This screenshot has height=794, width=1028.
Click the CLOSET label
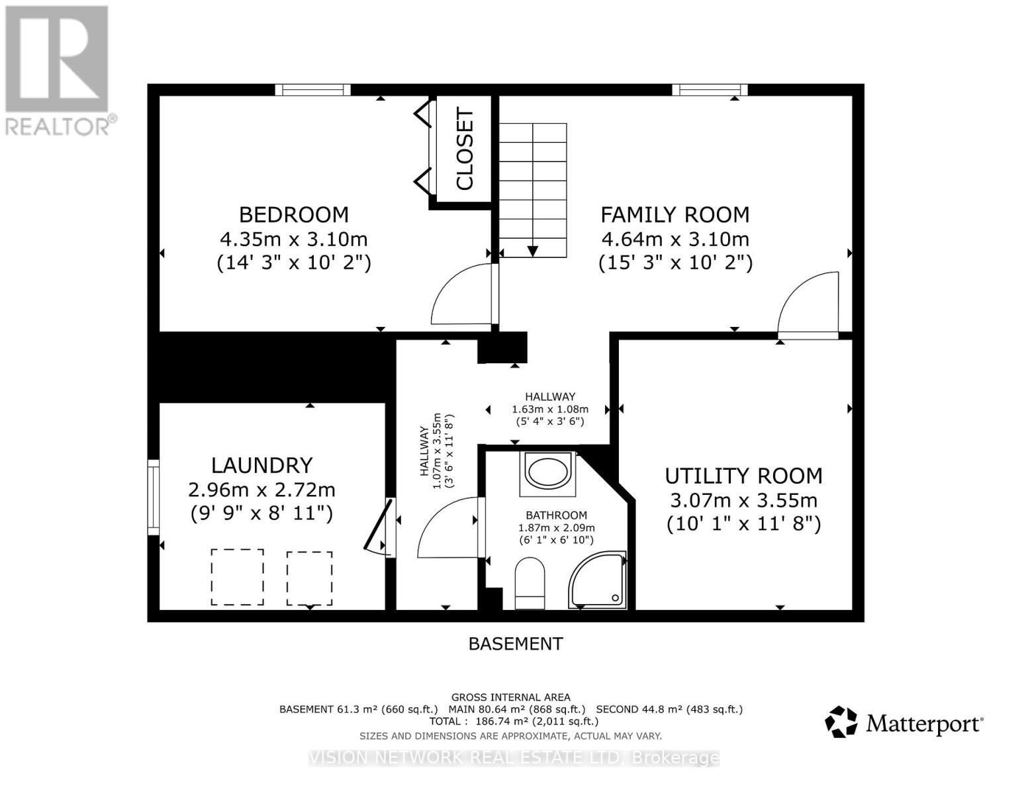click(465, 148)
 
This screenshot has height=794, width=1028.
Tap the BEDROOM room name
click(293, 214)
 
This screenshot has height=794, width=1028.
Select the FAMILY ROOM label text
click(675, 214)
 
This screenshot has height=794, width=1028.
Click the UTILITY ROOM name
click(743, 476)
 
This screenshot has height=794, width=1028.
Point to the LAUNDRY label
click(261, 465)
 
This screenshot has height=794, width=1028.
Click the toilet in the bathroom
click(530, 583)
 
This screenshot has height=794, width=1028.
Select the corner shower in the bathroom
click(597, 580)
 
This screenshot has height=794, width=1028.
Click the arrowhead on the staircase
click(533, 251)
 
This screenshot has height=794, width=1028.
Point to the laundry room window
click(154, 497)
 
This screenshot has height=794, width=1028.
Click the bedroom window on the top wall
click(312, 90)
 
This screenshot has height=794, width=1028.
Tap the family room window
click(710, 90)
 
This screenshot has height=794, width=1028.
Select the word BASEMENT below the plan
click(516, 644)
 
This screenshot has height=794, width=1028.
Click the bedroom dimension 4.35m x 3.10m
click(294, 240)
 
